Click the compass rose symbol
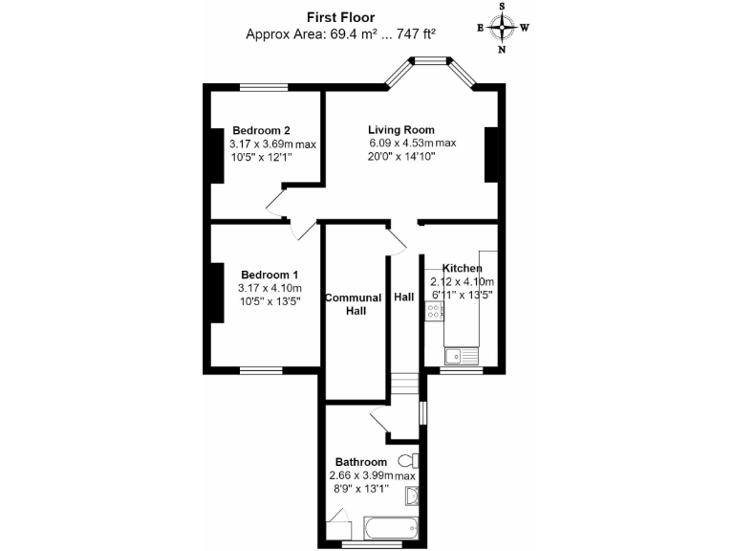pos(503,27)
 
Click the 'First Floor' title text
pos(341,16)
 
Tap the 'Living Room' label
pos(401,130)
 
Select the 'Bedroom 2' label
pos(261,131)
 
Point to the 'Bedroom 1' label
pos(269,275)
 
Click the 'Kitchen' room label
pos(462,269)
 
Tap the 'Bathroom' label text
pos(360,462)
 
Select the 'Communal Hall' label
pos(353,304)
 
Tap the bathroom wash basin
pos(412,496)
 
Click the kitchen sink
pos(460,357)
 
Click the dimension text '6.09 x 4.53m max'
pos(413,143)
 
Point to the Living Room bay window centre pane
pos(430,62)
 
